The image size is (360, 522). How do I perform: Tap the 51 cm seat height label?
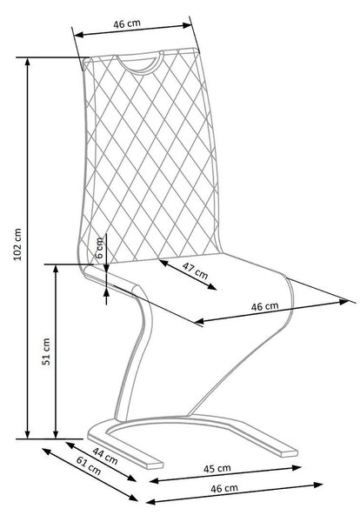[46, 351]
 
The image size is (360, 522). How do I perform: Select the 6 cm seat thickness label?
[99, 248]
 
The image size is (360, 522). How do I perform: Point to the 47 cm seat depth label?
[196, 271]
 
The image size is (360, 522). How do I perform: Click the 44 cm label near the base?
[105, 456]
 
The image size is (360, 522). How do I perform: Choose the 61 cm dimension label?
[89, 465]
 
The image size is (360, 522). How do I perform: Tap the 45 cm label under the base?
[217, 468]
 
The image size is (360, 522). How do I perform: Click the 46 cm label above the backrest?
[127, 23]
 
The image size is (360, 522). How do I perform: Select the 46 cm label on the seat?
[264, 306]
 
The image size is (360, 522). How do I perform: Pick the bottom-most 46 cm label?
[224, 488]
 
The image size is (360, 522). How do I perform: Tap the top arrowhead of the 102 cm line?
[28, 62]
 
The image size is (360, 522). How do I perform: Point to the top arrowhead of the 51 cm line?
[56, 269]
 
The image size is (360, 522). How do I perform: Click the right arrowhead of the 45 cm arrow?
[297, 468]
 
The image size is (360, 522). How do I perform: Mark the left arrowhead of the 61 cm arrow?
[46, 451]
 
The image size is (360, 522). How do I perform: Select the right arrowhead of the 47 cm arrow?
[212, 287]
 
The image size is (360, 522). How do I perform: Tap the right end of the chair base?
[290, 453]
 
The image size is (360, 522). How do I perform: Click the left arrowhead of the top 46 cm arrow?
[78, 34]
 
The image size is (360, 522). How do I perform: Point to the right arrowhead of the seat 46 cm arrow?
[343, 302]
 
